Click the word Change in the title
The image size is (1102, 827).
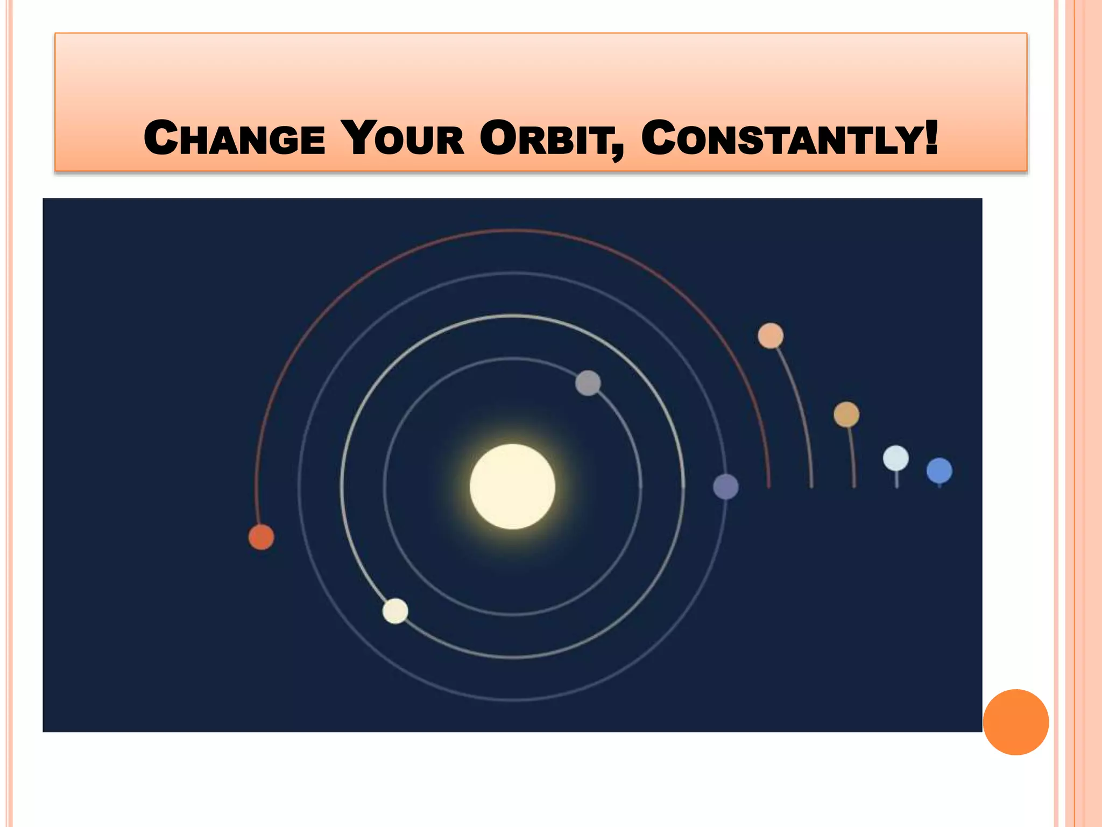click(235, 138)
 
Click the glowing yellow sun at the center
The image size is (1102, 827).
click(512, 487)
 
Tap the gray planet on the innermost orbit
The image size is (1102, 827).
click(588, 383)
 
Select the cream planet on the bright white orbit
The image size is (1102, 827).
click(395, 611)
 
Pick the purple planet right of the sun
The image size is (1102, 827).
click(726, 487)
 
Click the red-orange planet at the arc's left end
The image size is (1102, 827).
click(261, 537)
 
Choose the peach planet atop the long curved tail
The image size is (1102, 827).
click(771, 336)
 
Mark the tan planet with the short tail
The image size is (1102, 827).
click(846, 415)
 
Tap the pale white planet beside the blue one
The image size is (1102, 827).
click(896, 459)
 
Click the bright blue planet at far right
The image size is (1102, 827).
click(939, 471)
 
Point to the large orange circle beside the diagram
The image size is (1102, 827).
click(1015, 722)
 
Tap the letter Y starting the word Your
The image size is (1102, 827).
click(359, 138)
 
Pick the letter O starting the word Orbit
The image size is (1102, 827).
click(498, 138)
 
